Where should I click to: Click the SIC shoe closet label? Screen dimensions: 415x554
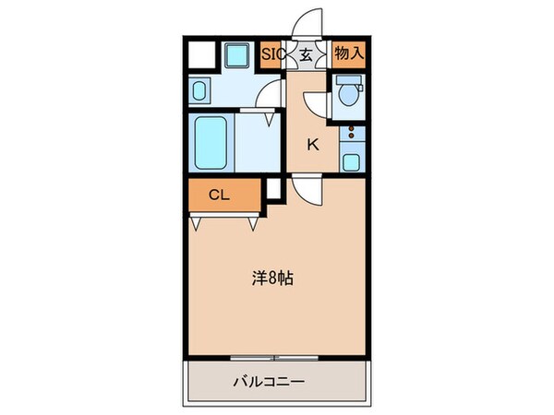click(271, 53)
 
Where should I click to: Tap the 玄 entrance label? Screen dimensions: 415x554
click(304, 53)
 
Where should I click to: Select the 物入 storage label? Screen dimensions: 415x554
click(348, 53)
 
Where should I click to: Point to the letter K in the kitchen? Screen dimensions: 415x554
click(313, 143)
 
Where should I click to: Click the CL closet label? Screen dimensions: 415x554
click(218, 195)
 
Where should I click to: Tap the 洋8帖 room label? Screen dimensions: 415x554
click(274, 278)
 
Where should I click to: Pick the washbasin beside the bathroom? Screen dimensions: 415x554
click(200, 90)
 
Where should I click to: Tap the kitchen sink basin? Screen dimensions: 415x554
click(351, 162)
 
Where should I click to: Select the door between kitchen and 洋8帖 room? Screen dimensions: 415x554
click(307, 190)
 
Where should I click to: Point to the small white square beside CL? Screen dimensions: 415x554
click(273, 190)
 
